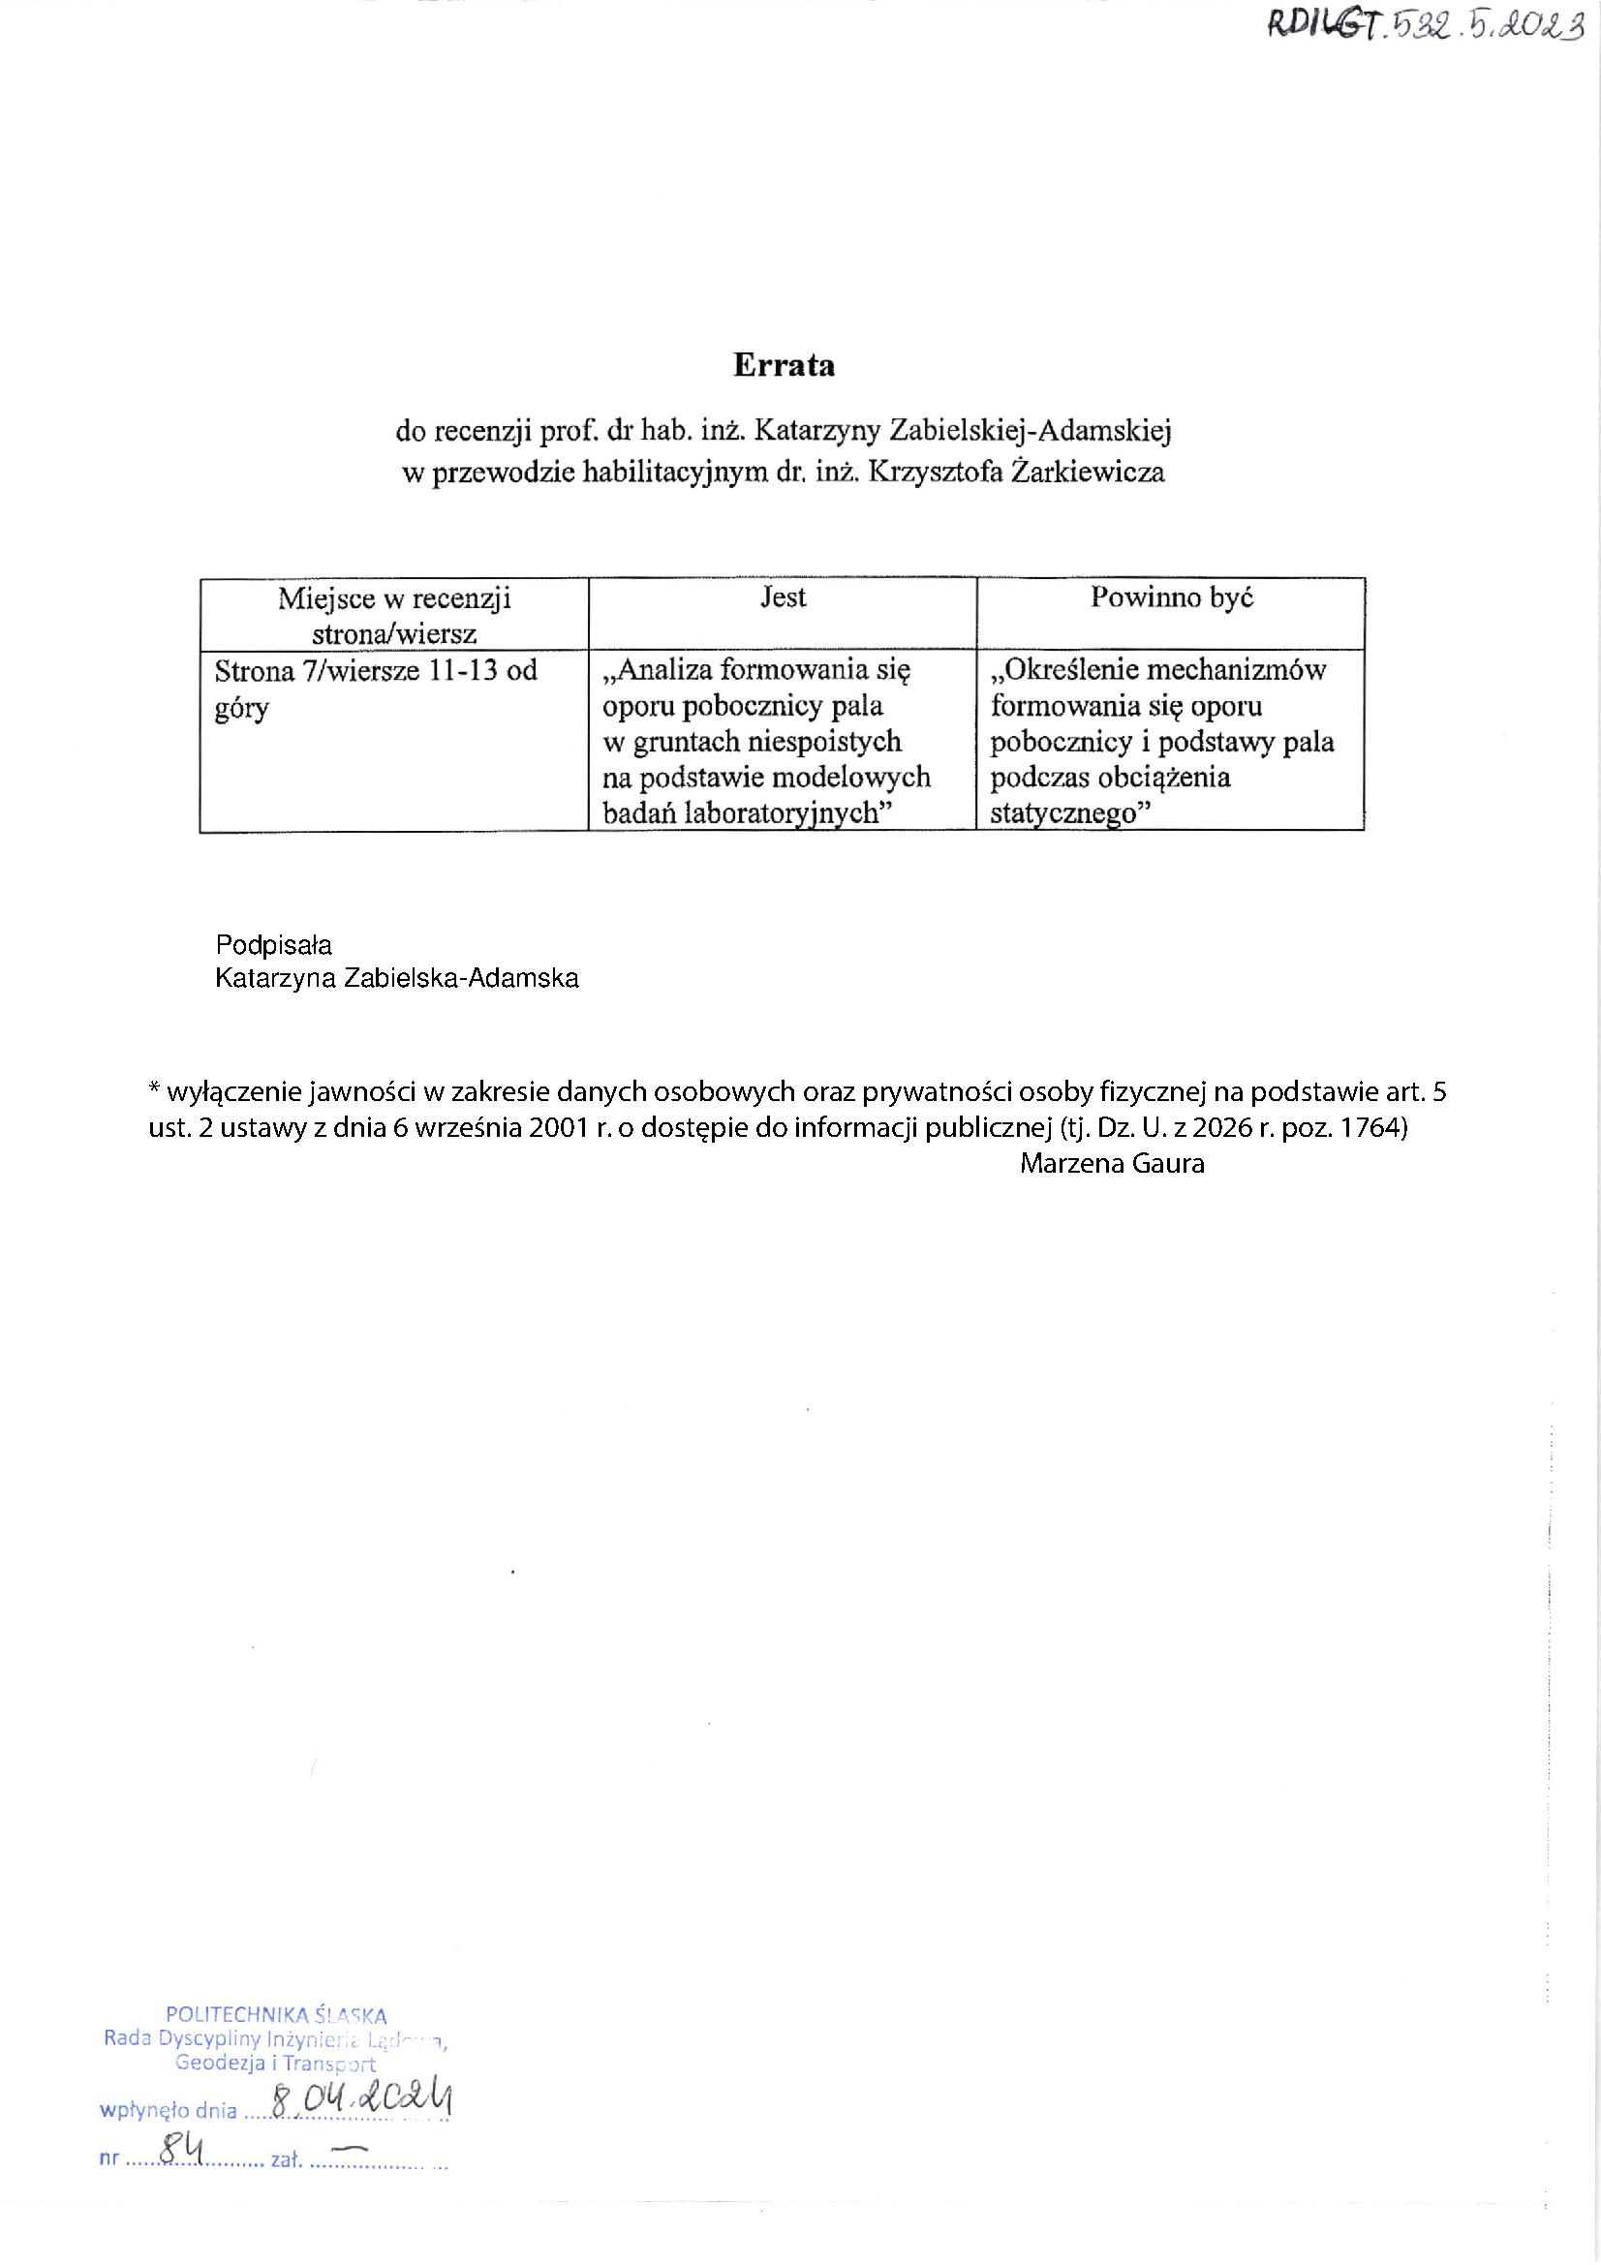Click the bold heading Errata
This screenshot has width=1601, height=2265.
click(784, 366)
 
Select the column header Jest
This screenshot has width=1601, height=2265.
click(784, 597)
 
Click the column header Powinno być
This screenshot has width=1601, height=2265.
click(1171, 597)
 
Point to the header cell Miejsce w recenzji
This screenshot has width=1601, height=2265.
click(393, 598)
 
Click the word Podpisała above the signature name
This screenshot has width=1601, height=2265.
click(274, 945)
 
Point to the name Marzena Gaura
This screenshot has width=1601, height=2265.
click(1112, 1164)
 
